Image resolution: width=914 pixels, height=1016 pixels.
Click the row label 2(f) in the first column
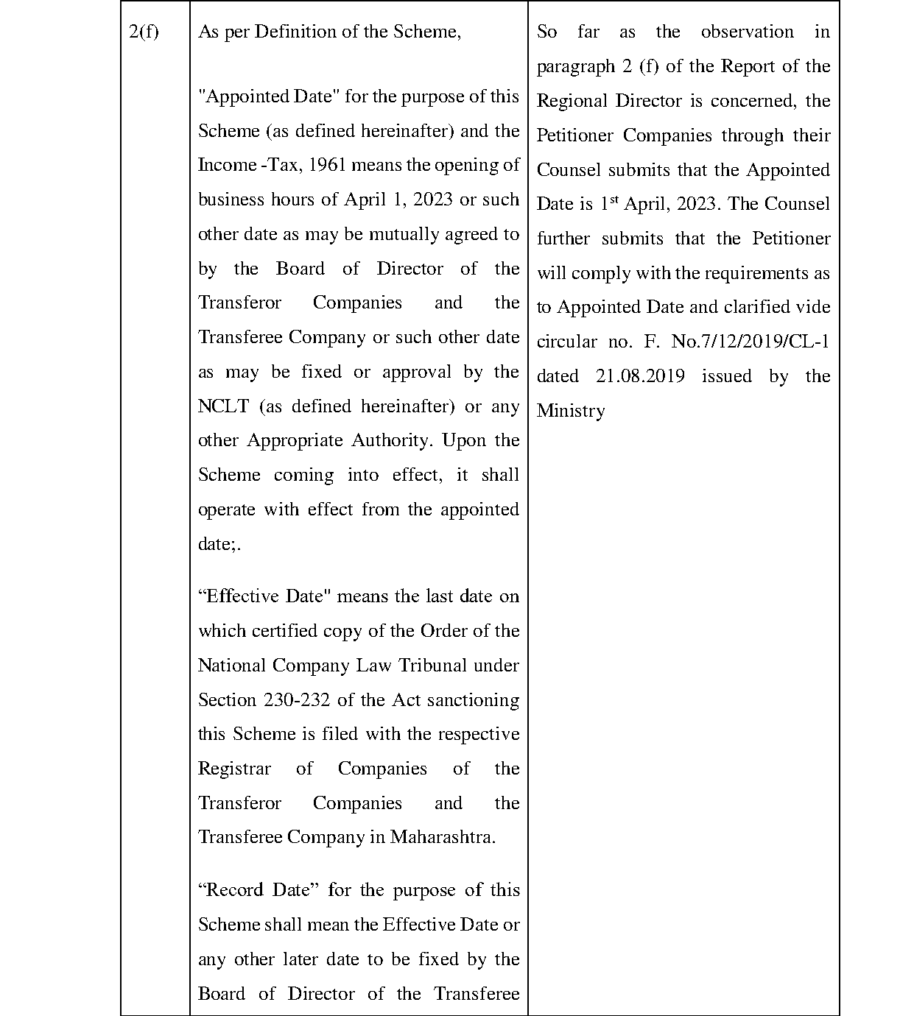click(144, 32)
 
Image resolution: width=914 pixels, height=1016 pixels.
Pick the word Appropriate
click(295, 440)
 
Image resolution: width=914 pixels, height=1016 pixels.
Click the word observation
click(747, 32)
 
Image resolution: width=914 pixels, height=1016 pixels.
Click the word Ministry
click(571, 411)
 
